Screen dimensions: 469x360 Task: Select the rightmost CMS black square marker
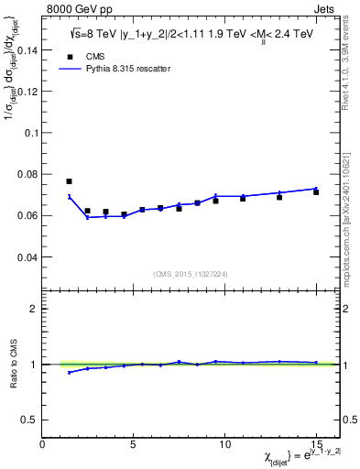[316, 192]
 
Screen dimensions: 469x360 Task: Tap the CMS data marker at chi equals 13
[279, 197]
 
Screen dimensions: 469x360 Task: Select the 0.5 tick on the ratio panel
[30, 420]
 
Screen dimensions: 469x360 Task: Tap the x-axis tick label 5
[134, 443]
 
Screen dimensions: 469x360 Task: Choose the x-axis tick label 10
[224, 443]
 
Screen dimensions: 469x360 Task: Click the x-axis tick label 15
[316, 443]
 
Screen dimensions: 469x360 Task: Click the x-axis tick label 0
[42, 443]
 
